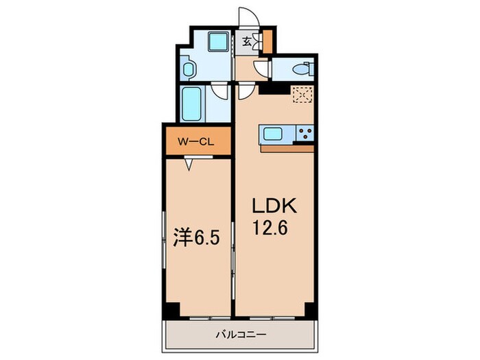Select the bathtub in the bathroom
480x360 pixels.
[191, 102]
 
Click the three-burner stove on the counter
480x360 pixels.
[304, 133]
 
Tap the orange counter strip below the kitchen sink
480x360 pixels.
[286, 147]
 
